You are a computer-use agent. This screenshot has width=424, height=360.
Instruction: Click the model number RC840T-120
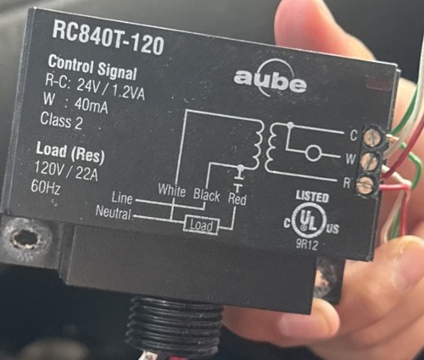(x=109, y=39)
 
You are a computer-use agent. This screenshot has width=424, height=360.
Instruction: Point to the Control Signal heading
(x=92, y=68)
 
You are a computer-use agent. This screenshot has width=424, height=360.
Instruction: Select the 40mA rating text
(x=91, y=105)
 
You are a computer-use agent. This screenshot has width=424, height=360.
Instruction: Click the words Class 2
(x=61, y=121)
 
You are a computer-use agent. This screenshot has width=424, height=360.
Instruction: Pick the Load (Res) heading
(x=70, y=153)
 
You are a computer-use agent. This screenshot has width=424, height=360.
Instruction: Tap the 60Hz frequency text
(x=45, y=186)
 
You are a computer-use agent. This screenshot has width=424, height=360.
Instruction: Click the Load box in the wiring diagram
(x=201, y=225)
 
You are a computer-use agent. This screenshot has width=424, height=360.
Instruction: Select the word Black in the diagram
(x=207, y=195)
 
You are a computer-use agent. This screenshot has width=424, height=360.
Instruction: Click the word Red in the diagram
(x=237, y=199)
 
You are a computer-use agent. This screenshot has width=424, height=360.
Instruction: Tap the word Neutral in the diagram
(x=114, y=213)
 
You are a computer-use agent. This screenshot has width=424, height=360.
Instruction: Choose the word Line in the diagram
(x=122, y=197)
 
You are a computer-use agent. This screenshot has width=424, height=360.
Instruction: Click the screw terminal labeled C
(x=372, y=137)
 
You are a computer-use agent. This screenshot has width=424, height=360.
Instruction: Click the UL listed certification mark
(x=311, y=216)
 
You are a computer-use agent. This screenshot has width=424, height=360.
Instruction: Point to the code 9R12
(x=307, y=245)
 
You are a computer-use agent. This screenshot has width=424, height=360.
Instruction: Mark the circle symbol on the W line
(x=313, y=152)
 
